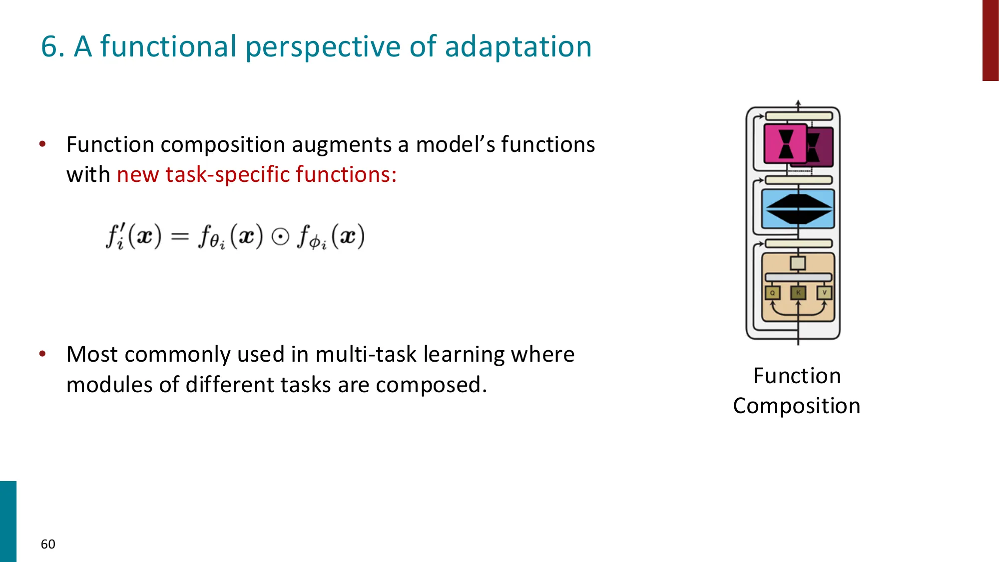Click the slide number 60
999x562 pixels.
[x=48, y=544]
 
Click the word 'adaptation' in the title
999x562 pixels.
[x=518, y=46]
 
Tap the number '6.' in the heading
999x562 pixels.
[x=52, y=46]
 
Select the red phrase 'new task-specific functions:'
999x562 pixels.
[x=256, y=174]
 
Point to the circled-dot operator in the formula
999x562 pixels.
[x=280, y=236]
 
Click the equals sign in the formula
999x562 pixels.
[x=180, y=236]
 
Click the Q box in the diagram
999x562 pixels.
[x=772, y=293]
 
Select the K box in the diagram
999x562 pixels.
[x=798, y=292]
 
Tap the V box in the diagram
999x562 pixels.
[x=824, y=292]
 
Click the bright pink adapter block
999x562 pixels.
[x=785, y=144]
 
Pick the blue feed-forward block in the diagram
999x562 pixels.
[x=798, y=209]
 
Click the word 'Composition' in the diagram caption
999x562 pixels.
[x=797, y=406]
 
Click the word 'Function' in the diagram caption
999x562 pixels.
[x=797, y=376]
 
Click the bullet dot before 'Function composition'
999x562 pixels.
[x=42, y=144]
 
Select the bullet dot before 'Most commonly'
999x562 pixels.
[x=42, y=354]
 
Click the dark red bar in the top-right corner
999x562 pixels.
[x=990, y=40]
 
